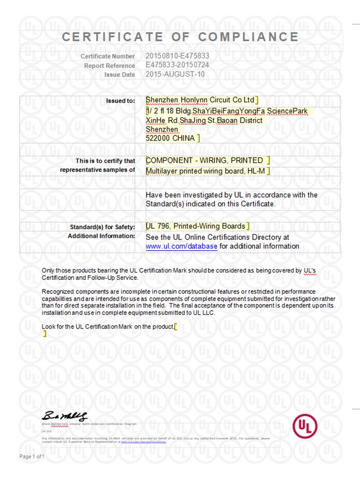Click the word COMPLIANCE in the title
[248, 37]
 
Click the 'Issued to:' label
[121, 100]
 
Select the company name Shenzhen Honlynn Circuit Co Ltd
[200, 99]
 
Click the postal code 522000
[160, 138]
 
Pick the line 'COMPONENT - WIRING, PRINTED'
[204, 161]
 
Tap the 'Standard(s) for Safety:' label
[102, 227]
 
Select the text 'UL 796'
[158, 226]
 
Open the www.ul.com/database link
[181, 247]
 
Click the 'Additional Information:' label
[101, 236]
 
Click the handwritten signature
[65, 416]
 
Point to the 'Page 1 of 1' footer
[32, 457]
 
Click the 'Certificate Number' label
[108, 56]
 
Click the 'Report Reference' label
[110, 65]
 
